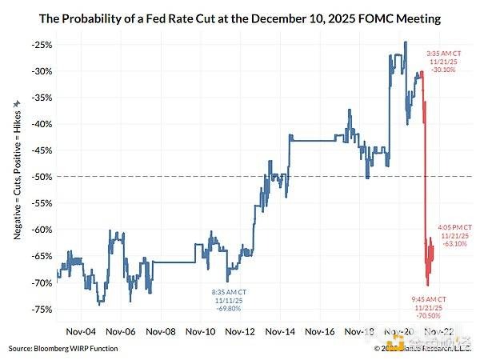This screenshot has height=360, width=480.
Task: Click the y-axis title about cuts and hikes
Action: coord(18,177)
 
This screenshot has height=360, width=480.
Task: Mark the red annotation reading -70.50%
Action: coord(426,314)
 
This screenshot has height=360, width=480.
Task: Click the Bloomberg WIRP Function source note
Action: coord(65,350)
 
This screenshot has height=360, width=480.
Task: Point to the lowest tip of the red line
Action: coord(427,286)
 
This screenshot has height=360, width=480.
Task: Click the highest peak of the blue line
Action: coord(406,42)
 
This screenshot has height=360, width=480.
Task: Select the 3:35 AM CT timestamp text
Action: coord(442,53)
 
